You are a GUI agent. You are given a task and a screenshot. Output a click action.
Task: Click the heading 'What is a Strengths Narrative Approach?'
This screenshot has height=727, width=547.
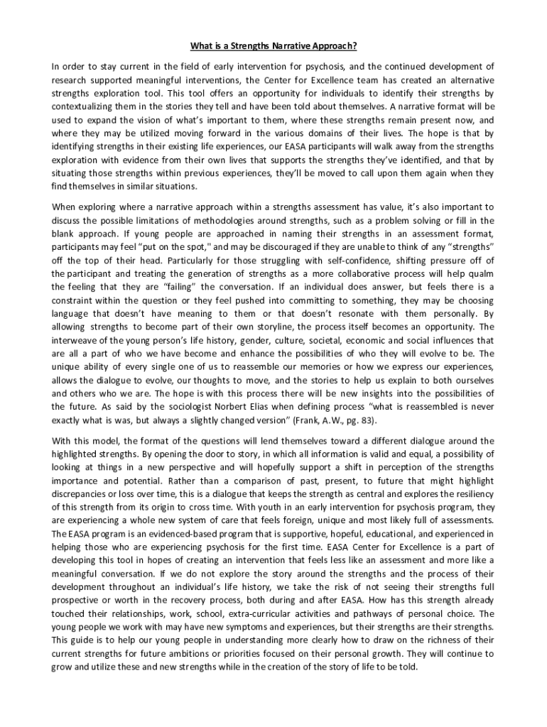(273, 47)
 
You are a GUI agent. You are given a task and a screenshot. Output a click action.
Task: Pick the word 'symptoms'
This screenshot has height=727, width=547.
(228, 626)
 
